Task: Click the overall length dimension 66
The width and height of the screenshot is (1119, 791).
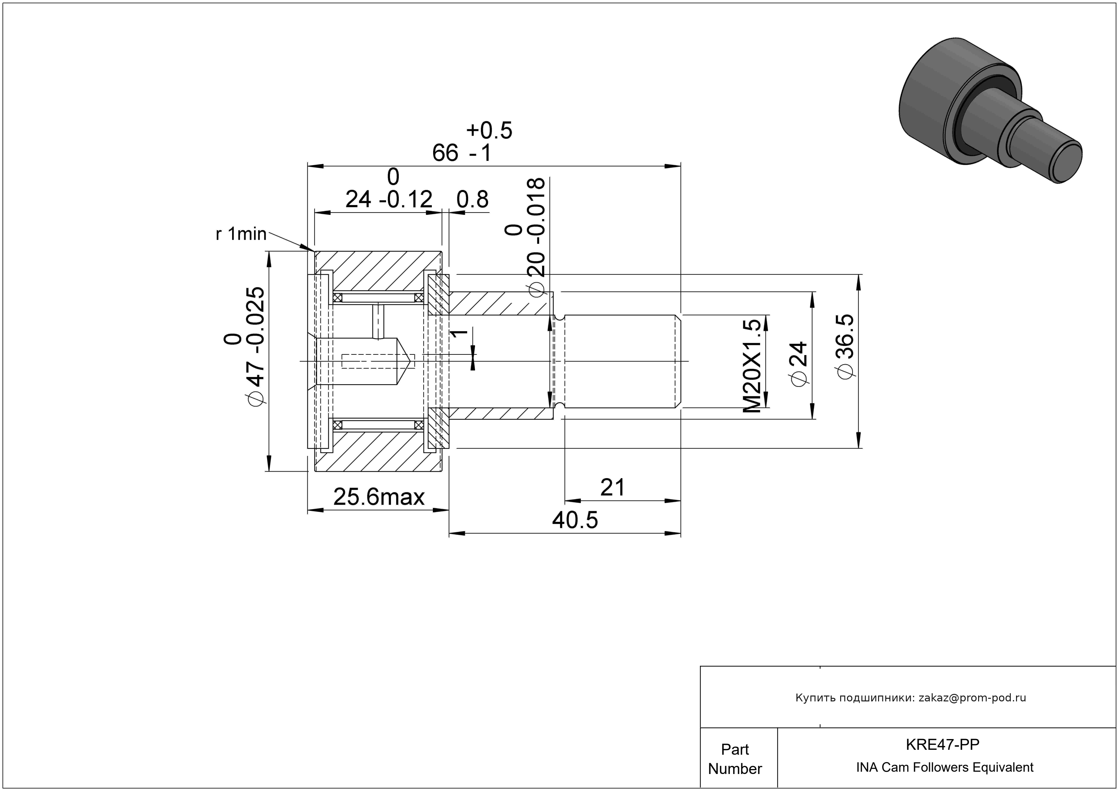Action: pyautogui.click(x=445, y=153)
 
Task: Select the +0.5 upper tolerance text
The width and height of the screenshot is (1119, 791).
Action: pyautogui.click(x=489, y=130)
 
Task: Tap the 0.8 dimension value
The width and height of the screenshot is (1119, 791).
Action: pyautogui.click(x=472, y=199)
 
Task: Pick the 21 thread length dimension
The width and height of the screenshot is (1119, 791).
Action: pyautogui.click(x=612, y=487)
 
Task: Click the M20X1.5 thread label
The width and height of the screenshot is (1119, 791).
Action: pyautogui.click(x=752, y=366)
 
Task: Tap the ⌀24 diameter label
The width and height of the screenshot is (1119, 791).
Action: pyautogui.click(x=799, y=365)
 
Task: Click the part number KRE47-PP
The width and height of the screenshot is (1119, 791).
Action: pyautogui.click(x=942, y=745)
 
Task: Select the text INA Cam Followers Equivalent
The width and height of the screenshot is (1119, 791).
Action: pyautogui.click(x=944, y=767)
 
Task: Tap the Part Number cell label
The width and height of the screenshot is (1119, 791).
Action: pyautogui.click(x=735, y=759)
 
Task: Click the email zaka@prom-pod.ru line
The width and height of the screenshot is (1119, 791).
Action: pyautogui.click(x=911, y=698)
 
